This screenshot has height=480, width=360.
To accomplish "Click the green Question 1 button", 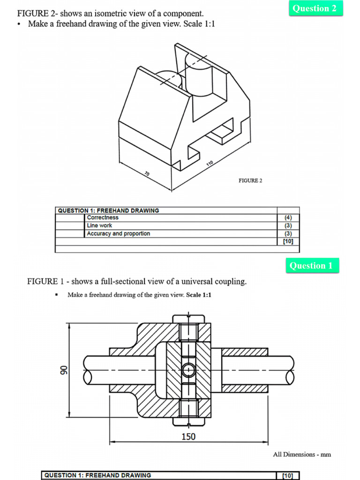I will click(x=312, y=266).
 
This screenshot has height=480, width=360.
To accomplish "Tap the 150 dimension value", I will click(x=188, y=437).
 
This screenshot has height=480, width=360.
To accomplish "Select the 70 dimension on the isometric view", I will click(x=147, y=174).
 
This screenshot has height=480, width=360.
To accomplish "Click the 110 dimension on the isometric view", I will click(x=210, y=164).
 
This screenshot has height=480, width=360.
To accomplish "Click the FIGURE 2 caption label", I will click(x=250, y=181).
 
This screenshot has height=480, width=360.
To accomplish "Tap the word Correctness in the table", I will click(x=103, y=217).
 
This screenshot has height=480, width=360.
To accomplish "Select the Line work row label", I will click(x=99, y=225).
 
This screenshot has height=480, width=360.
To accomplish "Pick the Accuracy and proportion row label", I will click(x=118, y=233).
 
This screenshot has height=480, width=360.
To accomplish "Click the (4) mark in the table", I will click(x=288, y=217).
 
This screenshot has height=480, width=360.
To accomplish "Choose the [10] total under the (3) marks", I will click(x=288, y=241).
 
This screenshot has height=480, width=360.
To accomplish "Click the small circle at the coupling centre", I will click(x=188, y=370).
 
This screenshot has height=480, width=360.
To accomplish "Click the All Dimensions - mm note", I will click(x=302, y=454).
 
